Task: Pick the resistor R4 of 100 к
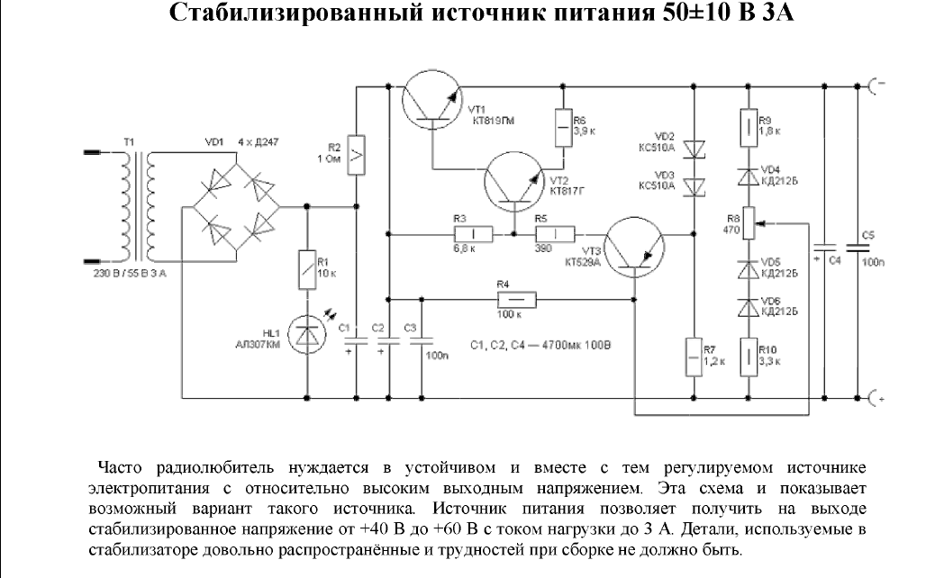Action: [518, 299]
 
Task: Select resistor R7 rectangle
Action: [693, 356]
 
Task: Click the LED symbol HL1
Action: [307, 334]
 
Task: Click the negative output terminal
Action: [875, 86]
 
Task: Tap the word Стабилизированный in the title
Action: [266, 16]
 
